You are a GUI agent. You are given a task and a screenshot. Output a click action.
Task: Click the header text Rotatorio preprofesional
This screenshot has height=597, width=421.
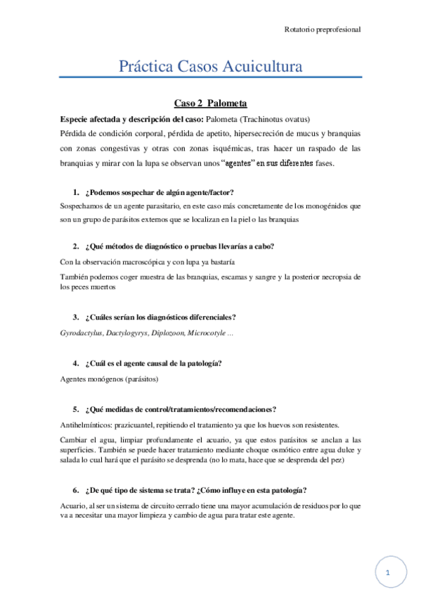323,30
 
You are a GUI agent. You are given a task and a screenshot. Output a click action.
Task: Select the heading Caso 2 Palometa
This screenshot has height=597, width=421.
210,103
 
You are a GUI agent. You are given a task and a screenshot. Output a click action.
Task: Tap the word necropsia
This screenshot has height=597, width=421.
321,277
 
